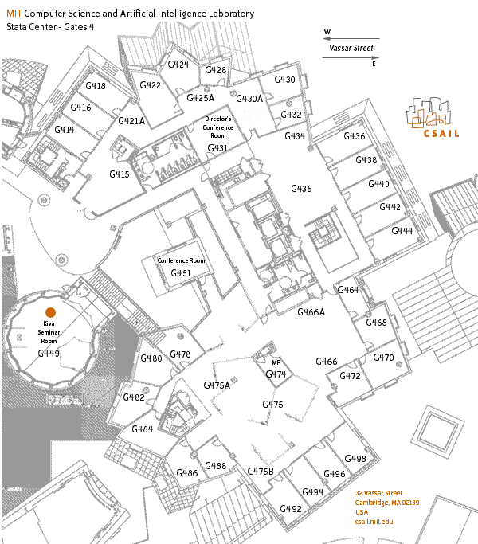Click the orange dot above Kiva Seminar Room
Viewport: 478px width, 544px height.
coord(49,312)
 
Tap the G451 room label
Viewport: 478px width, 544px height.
coord(181,273)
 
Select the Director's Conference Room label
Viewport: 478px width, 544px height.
coord(217,127)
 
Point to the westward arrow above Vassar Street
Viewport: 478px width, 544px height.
coord(351,37)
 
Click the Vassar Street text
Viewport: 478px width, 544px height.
coord(351,48)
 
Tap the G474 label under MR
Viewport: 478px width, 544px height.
coord(276,374)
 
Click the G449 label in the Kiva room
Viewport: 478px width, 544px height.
coord(49,353)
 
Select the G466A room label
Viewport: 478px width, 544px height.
coord(311,313)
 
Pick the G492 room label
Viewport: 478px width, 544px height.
coord(291,509)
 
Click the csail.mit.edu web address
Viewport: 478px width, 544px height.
coord(374,521)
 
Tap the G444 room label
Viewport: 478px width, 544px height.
coord(402,230)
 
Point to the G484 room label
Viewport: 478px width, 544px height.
coord(142,429)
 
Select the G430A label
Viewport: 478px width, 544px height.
coord(249,99)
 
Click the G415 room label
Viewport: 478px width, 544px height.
coord(119,174)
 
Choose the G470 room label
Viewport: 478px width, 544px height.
coord(383,358)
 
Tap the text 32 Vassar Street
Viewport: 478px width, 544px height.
coord(378,493)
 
